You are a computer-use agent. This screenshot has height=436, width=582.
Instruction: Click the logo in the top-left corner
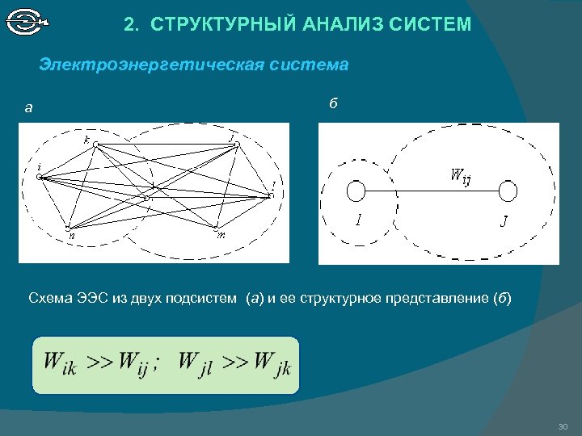27,23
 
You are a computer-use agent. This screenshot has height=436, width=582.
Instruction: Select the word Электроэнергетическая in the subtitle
153,64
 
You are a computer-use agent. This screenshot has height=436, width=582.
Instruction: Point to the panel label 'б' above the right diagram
333,103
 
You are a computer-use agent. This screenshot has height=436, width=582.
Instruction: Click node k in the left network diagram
95,145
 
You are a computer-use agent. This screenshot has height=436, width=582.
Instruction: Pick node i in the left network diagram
40,177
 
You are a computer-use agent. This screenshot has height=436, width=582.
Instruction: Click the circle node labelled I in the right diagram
356,191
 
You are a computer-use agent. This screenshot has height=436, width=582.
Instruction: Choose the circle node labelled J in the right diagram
508,191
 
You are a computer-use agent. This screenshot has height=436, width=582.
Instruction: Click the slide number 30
563,426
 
